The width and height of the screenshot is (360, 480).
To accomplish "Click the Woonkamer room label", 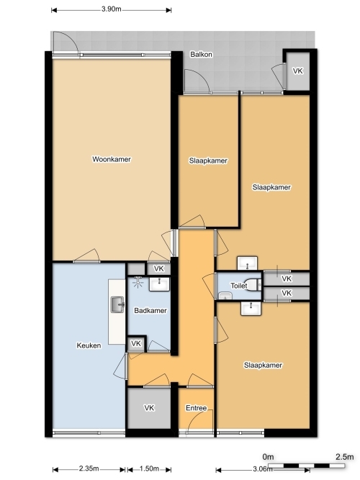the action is tap(112, 159).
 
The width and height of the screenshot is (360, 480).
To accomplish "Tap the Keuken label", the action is tap(89, 345).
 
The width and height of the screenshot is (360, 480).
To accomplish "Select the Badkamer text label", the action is tap(150, 310).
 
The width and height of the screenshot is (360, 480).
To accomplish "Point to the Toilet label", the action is tap(238, 286).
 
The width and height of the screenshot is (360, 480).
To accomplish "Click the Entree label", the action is tap(196, 408).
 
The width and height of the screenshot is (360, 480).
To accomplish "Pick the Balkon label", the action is tap(201, 54).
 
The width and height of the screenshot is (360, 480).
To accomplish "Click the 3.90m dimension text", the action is tap(111, 9).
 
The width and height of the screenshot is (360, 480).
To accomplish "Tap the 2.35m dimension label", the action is tap(89, 468).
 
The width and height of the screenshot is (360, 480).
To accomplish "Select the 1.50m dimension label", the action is tap(149, 468).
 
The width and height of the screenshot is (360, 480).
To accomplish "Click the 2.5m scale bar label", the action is tap(345, 457).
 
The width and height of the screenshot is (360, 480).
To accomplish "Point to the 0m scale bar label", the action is tap(268, 457).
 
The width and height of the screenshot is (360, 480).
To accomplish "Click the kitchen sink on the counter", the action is tap(117, 304).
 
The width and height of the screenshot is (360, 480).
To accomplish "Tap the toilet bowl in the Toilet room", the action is tap(254, 285).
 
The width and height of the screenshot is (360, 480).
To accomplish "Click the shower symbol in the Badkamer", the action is tap(138, 282).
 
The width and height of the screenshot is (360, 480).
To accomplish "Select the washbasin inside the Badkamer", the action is tap(159, 284).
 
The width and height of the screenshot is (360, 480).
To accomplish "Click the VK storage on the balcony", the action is tap(297, 71).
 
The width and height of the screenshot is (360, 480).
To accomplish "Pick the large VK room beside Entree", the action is tap(149, 408).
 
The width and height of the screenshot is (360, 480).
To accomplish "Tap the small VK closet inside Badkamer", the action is tap(136, 343).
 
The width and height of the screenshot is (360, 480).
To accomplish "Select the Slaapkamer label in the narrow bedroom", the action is tap(208, 160).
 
